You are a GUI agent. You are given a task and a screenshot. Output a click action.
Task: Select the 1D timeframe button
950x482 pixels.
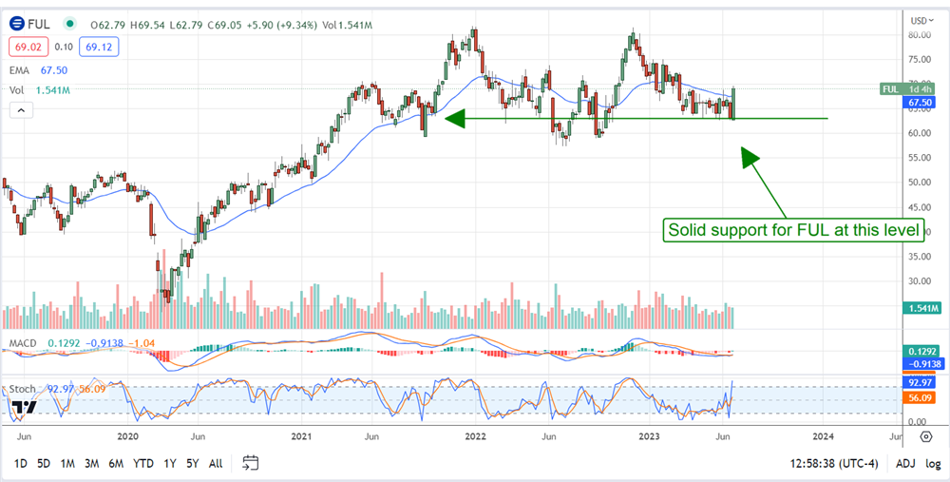click(x=19, y=463)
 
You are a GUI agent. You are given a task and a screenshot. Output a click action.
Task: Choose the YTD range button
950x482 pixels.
click(x=143, y=463)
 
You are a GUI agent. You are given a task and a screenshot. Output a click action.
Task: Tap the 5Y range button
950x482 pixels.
click(x=192, y=463)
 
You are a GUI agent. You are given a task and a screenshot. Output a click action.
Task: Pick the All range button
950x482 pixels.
click(x=216, y=463)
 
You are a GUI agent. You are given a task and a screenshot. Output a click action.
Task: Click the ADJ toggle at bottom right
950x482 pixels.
click(x=905, y=463)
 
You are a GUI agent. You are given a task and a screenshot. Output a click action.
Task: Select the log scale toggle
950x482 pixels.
click(x=933, y=463)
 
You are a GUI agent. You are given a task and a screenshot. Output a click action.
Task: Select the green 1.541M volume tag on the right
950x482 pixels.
click(x=921, y=308)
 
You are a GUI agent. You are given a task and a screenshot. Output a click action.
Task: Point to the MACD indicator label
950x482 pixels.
click(x=23, y=342)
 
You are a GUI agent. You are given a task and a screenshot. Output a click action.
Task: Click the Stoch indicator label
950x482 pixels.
click(x=22, y=389)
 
